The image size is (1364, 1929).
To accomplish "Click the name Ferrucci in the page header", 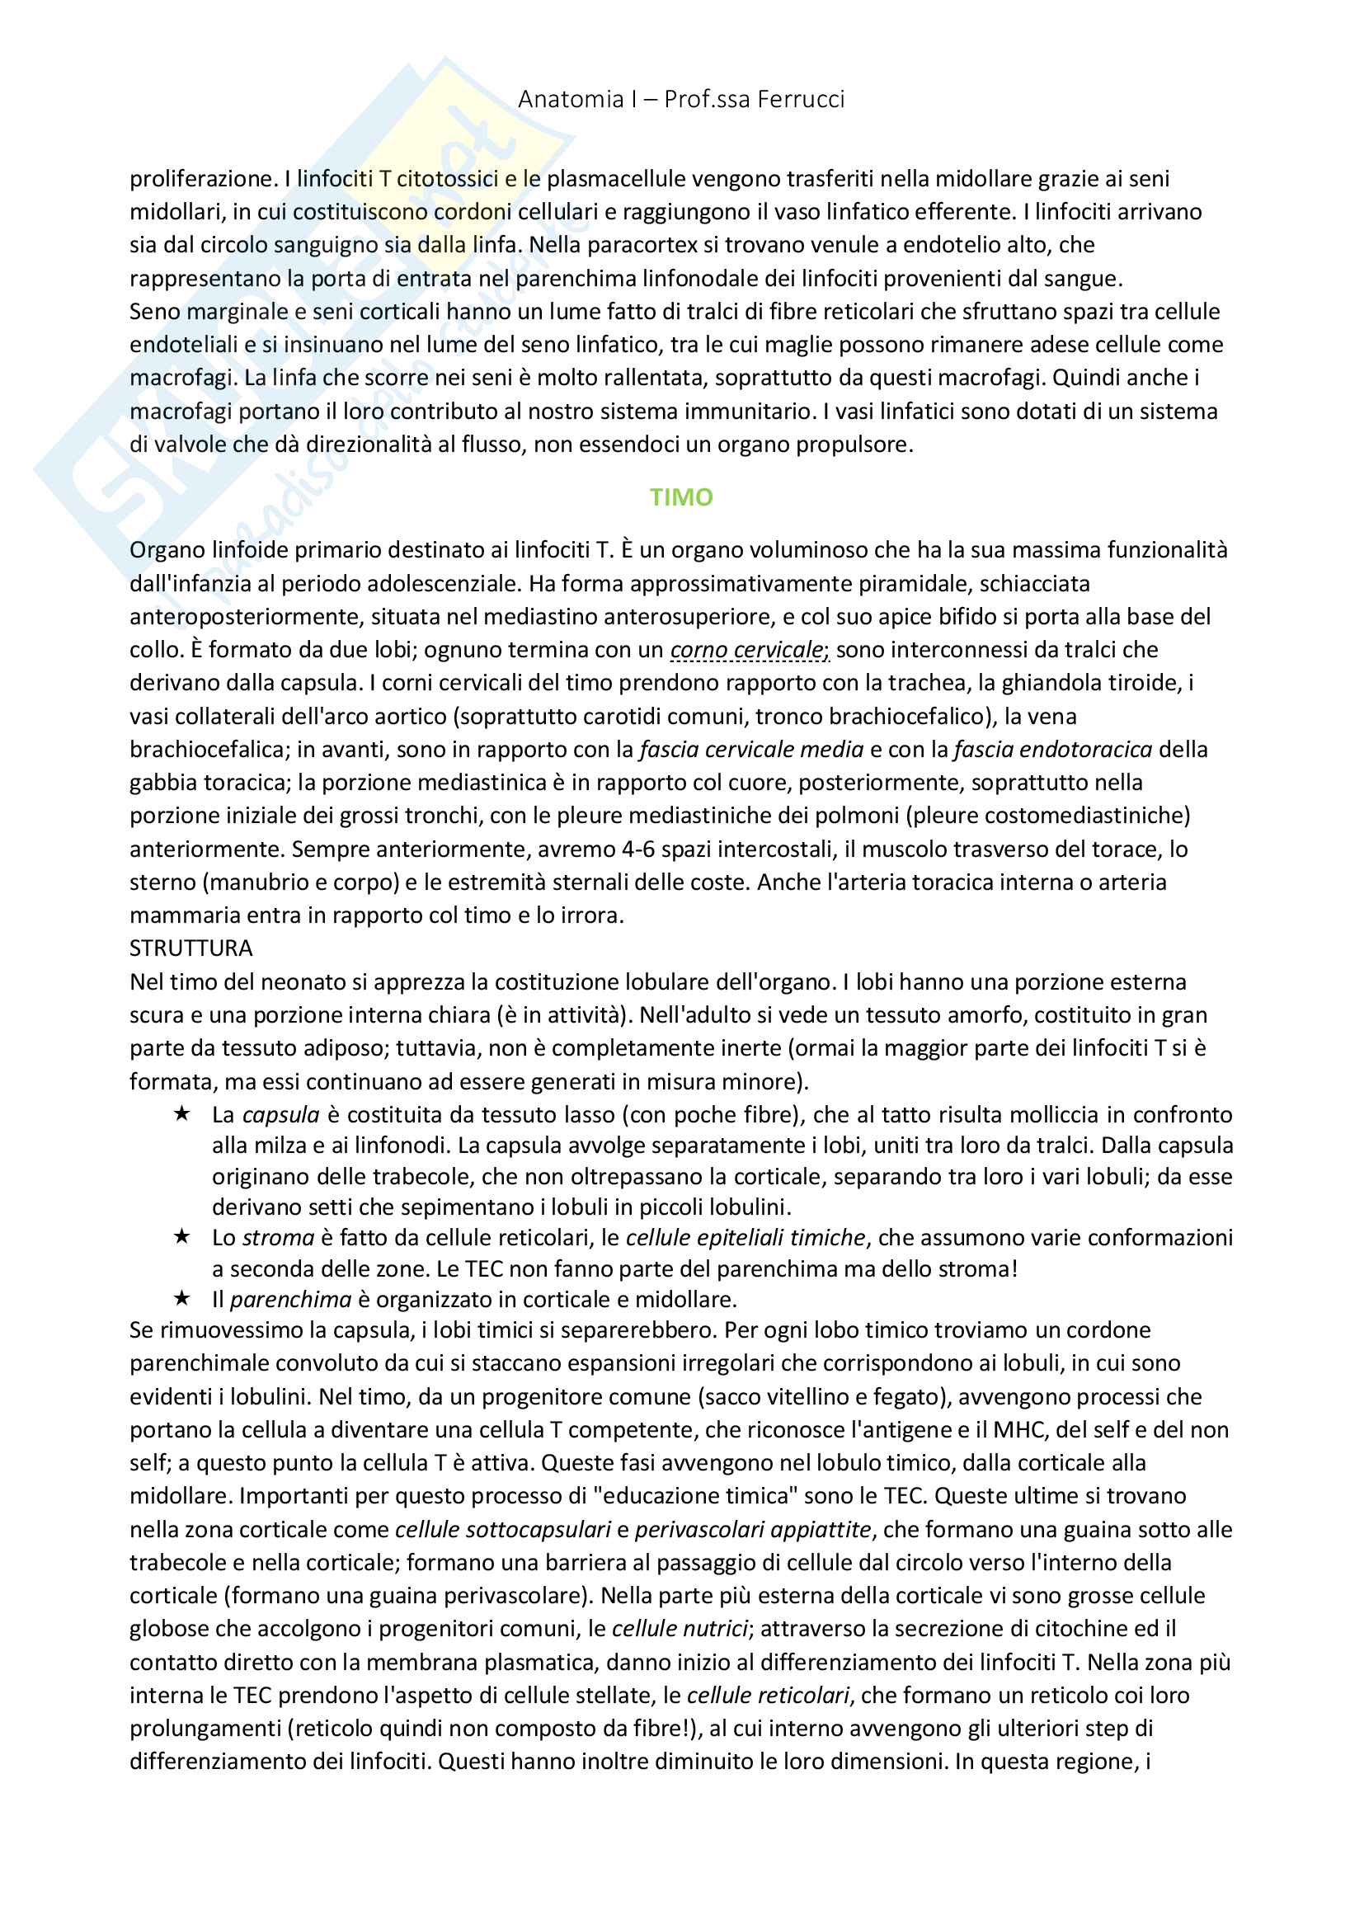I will click(x=801, y=99).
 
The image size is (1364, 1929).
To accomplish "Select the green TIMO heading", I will click(x=681, y=497).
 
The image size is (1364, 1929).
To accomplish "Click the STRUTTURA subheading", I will click(x=190, y=948).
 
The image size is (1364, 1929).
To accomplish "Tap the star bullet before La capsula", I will click(x=181, y=1114).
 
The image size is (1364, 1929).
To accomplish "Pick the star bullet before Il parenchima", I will click(x=181, y=1298).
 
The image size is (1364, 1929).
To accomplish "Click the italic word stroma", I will click(x=278, y=1238).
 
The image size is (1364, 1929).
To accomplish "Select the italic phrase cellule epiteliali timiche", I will click(x=745, y=1238).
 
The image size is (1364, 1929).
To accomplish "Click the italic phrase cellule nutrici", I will click(x=680, y=1628).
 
